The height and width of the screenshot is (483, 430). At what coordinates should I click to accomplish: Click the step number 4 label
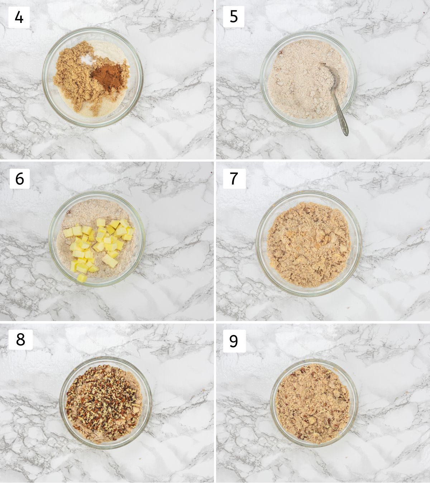[19, 17]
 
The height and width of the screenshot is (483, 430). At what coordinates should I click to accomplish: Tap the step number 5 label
[234, 17]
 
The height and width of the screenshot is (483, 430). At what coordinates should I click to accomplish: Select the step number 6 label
[20, 178]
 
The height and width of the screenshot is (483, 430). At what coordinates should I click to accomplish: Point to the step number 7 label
[234, 178]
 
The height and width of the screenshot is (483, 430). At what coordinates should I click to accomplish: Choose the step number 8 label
[20, 339]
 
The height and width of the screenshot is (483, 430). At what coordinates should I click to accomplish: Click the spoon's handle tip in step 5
[346, 134]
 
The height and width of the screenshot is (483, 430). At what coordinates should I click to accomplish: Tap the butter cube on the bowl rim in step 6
[82, 278]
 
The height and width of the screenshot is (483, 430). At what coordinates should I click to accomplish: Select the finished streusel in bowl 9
[312, 403]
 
